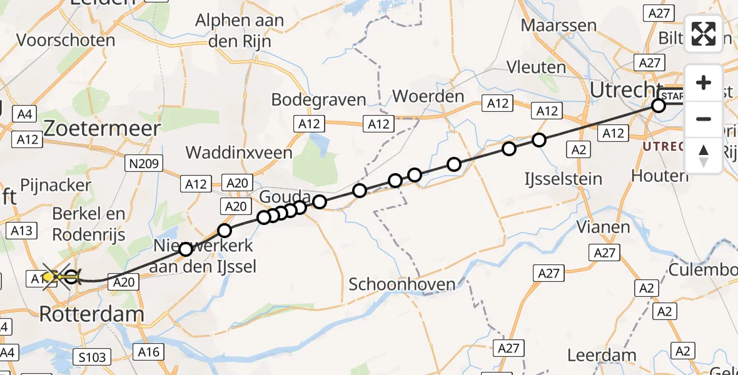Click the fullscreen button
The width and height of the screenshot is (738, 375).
(704, 33)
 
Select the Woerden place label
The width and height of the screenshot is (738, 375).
(428, 97)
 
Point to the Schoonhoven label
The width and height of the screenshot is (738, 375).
(402, 284)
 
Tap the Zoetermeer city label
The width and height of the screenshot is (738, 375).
(102, 128)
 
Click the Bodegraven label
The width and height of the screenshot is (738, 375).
(318, 100)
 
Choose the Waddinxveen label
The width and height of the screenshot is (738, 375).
(239, 152)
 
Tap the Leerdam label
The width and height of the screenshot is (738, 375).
(602, 356)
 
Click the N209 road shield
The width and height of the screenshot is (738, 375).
(143, 164)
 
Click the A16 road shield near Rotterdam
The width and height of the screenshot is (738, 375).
(149, 352)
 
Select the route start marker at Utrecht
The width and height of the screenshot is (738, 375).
(659, 106)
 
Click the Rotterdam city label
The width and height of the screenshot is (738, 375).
(91, 314)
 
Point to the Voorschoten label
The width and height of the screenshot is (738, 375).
(66, 41)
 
